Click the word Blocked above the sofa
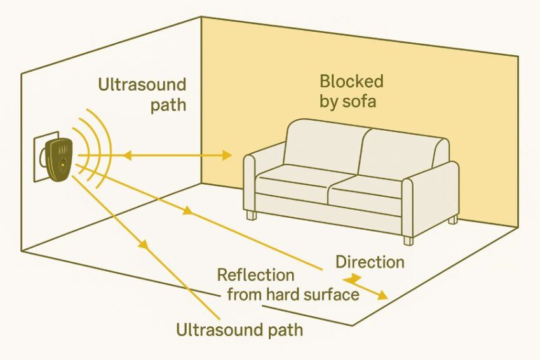(351, 81)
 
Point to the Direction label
(369, 262)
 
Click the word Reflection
(255, 276)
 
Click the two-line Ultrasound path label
(142, 95)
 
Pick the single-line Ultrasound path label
(239, 330)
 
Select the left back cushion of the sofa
(323, 146)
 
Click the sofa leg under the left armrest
(252, 215)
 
